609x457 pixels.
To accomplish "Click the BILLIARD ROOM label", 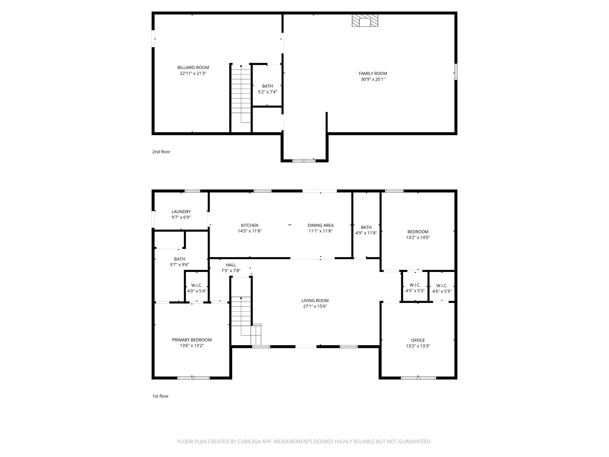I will coord(193,68).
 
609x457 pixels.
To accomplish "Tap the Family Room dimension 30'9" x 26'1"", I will coord(373,79).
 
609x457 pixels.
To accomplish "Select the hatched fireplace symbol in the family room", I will coord(365,21).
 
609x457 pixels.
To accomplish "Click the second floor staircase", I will coord(241,94).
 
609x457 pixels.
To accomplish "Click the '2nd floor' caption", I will coord(161,152).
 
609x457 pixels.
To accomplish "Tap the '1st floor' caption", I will coord(161,396).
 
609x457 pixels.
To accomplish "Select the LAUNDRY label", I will coord(181,212).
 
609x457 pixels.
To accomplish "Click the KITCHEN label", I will coord(249,226).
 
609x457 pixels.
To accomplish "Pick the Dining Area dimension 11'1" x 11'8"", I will coord(320,231).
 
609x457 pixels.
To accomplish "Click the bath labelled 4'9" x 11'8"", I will coord(366,230).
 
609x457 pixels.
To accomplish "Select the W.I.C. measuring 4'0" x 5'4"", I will coord(197,288).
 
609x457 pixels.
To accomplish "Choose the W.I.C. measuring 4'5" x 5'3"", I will coord(415,288).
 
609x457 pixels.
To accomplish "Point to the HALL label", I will coord(231,265).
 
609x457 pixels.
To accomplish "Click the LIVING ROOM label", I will coord(315,301).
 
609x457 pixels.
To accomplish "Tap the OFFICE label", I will coord(418,340).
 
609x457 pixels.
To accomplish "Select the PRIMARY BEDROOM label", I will coord(192,340).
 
